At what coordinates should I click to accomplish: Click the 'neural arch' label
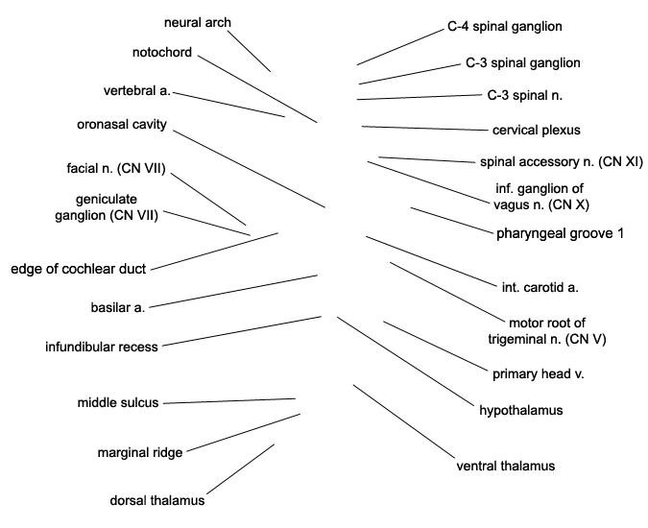198,22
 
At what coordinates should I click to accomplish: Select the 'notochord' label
162,52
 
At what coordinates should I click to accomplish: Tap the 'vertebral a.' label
137,90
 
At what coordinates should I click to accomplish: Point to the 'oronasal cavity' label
122,124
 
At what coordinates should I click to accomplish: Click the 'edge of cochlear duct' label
79,269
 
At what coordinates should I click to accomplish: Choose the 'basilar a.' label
118,307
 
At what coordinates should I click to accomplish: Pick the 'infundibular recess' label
102,347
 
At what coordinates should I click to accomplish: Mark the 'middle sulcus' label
118,402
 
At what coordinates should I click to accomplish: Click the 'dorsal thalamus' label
157,500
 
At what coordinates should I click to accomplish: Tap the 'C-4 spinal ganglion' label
505,26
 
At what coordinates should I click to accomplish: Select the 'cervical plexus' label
537,130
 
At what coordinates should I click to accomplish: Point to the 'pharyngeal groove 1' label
560,233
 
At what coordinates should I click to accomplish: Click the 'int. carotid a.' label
540,287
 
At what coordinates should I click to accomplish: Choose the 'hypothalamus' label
521,410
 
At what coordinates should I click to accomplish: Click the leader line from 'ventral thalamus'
403,421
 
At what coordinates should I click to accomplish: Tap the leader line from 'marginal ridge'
244,433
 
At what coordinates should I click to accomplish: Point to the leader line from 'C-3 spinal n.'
420,97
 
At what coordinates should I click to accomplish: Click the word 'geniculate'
107,199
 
